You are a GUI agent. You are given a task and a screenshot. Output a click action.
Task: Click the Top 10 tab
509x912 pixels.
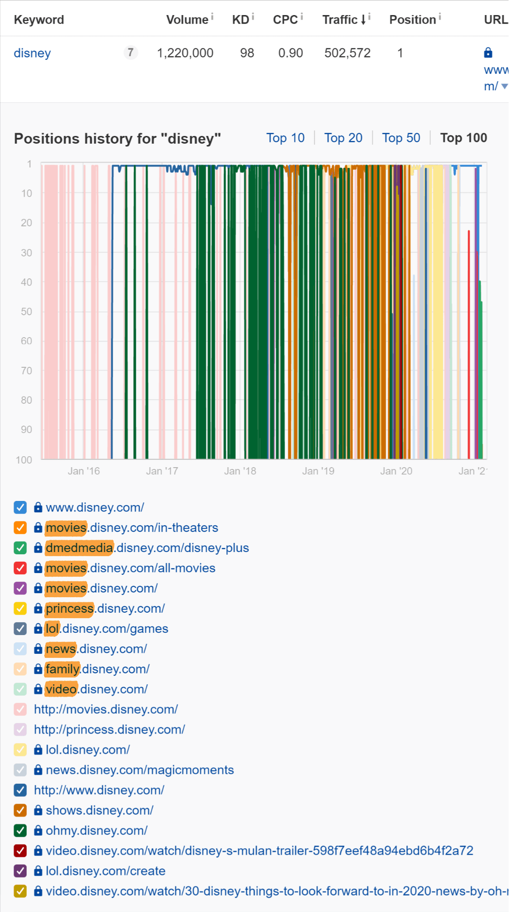click(x=285, y=138)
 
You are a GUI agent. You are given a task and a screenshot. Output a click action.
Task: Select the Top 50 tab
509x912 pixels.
click(x=401, y=138)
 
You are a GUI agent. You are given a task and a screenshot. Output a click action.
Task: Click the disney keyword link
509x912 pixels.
click(x=32, y=53)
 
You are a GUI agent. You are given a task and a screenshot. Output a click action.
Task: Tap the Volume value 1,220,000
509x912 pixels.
click(x=185, y=53)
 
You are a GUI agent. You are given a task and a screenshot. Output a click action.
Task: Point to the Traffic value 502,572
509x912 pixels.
click(x=347, y=53)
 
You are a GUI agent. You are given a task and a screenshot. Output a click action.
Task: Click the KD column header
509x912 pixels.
click(x=240, y=20)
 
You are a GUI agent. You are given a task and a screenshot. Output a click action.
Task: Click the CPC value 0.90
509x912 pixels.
click(x=291, y=53)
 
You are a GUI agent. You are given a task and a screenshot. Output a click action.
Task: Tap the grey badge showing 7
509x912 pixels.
click(x=130, y=52)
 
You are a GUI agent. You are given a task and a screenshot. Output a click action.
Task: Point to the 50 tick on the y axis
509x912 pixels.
click(x=26, y=312)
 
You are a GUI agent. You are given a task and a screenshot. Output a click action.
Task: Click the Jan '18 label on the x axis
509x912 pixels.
click(x=240, y=471)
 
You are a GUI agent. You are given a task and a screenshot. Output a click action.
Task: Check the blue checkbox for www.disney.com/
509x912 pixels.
click(x=20, y=507)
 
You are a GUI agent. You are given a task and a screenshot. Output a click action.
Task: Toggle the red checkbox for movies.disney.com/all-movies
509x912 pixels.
click(x=20, y=568)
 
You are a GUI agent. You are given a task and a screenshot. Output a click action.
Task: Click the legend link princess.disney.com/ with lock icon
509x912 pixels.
click(x=105, y=609)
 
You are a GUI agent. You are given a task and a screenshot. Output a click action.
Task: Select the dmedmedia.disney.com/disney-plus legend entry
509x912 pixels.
click(x=147, y=548)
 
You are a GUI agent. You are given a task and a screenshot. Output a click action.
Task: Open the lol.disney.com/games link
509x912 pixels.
click(x=107, y=629)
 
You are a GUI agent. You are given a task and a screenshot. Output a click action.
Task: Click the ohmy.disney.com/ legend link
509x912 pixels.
click(x=96, y=831)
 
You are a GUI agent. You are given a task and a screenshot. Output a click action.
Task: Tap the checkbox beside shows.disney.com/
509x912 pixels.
click(x=20, y=810)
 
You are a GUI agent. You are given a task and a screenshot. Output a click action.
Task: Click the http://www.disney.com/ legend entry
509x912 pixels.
click(x=99, y=790)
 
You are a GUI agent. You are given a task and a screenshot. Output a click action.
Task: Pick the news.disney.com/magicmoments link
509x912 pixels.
click(x=140, y=770)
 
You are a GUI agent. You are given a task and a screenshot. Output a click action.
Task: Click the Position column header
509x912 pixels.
click(x=412, y=20)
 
